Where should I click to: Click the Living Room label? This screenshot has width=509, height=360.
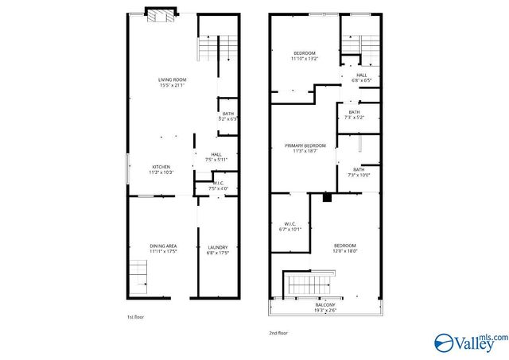tap(172, 79)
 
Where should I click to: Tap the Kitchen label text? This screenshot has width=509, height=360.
tap(161, 166)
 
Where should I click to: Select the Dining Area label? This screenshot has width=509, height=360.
tap(164, 246)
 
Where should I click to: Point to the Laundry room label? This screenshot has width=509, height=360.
tap(218, 246)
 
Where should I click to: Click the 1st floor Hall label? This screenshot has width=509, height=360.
tap(216, 154)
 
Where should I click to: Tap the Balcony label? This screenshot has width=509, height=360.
tap(324, 305)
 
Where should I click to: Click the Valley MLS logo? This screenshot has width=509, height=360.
tap(469, 342)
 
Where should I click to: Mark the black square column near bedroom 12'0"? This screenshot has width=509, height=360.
tap(327, 197)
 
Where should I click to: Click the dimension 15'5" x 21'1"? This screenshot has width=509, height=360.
tap(172, 85)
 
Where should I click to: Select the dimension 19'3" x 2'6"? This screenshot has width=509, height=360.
tap(324, 311)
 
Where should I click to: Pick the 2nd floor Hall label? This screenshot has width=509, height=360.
tap(361, 75)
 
